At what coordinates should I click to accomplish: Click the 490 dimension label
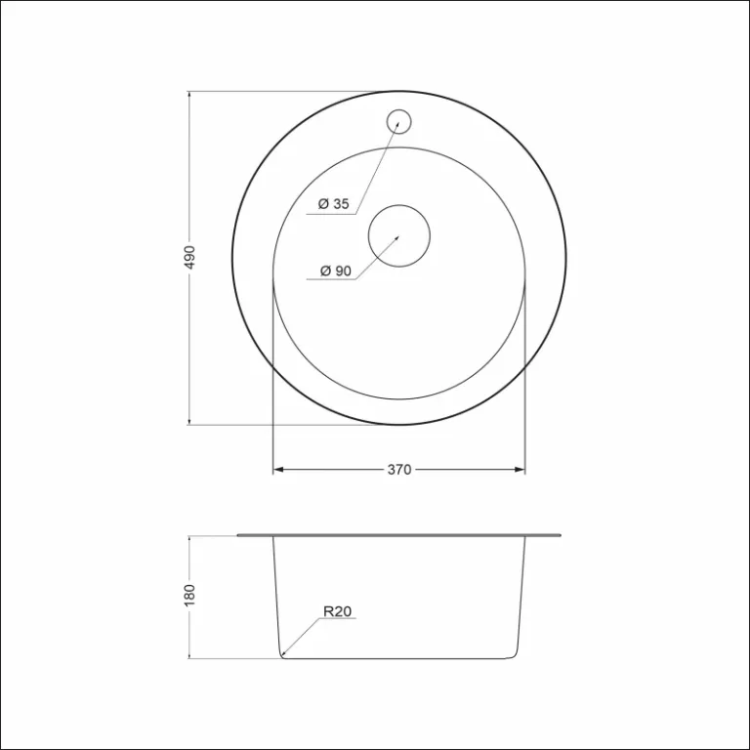[190, 258]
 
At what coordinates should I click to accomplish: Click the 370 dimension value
[398, 470]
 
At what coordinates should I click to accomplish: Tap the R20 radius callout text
[337, 612]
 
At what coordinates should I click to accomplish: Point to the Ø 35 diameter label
[334, 204]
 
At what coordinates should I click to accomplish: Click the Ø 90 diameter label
[335, 271]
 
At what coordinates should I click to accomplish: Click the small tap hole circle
[398, 121]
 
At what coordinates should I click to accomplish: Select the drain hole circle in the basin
[398, 235]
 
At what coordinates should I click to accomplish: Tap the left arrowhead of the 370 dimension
[276, 470]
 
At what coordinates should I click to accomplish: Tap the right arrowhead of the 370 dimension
[521, 470]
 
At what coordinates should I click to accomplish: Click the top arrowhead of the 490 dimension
[188, 95]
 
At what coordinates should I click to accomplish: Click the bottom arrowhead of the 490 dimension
[188, 421]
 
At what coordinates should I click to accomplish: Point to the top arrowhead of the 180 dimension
[188, 539]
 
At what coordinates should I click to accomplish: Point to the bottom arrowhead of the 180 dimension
[188, 655]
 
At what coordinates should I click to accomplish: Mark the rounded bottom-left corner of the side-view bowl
[281, 653]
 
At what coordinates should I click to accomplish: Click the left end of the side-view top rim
[239, 535]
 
